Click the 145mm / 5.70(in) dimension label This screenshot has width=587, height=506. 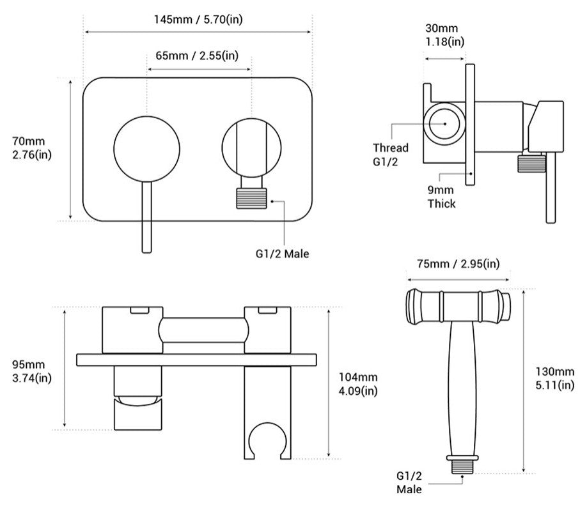point(198,19)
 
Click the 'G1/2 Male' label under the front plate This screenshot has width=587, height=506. point(278,254)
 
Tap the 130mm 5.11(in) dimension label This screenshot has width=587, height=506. point(556,378)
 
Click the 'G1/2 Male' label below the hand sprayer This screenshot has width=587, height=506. point(409,482)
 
